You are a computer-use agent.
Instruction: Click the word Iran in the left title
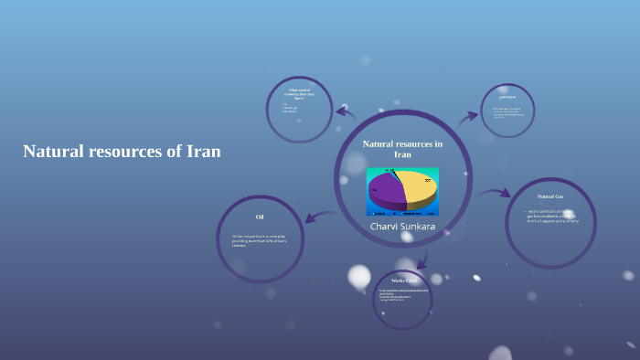pos(203,152)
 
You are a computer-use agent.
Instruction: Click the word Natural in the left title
pos(53,152)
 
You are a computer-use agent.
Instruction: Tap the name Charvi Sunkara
pos(402,225)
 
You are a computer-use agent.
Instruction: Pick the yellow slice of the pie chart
pos(419,185)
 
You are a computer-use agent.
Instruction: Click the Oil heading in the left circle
pos(260,217)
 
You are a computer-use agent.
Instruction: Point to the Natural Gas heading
pos(550,196)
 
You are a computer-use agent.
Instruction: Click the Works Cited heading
pos(403,280)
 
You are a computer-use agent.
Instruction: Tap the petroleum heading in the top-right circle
pos(507,96)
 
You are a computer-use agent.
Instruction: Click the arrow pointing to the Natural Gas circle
pos(495,193)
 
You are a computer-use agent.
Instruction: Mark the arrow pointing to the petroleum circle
pos(468,116)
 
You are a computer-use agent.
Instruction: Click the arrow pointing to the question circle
pos(345,112)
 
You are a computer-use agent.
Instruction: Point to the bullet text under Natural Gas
pos(552,217)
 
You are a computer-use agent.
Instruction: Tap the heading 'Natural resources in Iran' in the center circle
pos(402,149)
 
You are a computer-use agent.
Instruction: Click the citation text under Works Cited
pos(402,295)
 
